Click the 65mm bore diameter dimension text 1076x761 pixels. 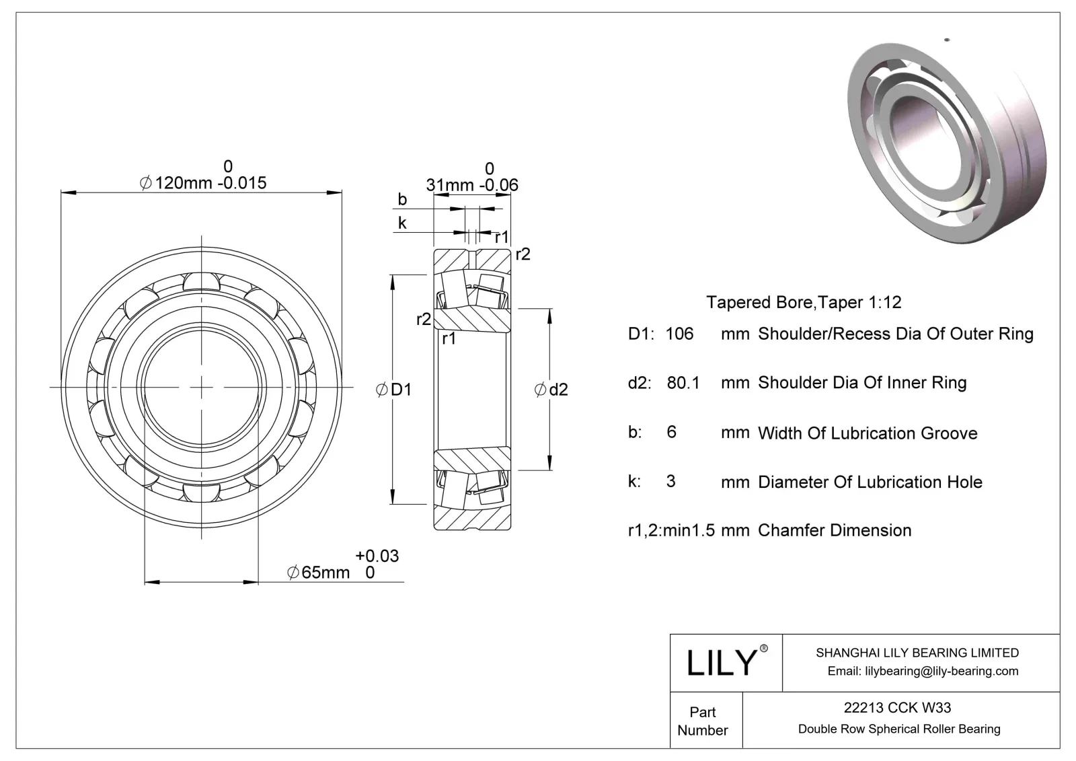(x=319, y=573)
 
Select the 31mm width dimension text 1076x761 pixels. (x=450, y=185)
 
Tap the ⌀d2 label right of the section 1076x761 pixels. (x=551, y=390)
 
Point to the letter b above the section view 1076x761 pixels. (x=402, y=199)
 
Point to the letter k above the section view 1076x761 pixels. (x=402, y=223)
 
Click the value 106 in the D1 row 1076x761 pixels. (x=679, y=334)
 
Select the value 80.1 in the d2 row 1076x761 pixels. (x=683, y=383)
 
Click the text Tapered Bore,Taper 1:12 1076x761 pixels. (x=804, y=302)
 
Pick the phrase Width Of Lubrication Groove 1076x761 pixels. (x=868, y=433)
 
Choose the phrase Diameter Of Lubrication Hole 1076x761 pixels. (x=870, y=482)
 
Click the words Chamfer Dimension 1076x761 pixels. (x=835, y=530)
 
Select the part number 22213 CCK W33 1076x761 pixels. (x=897, y=707)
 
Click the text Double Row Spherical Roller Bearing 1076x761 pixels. (x=899, y=729)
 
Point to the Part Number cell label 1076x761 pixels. (x=703, y=721)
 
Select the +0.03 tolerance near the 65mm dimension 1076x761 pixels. (x=377, y=556)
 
